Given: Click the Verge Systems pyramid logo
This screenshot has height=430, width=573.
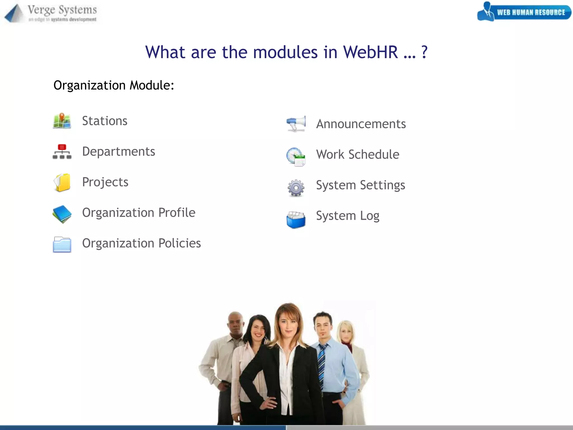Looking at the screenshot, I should coord(14,13).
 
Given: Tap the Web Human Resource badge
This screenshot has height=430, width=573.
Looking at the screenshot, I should coord(524,12).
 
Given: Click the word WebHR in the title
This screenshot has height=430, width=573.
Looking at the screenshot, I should coord(370,52).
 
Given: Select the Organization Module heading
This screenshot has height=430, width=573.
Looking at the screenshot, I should coord(114,85).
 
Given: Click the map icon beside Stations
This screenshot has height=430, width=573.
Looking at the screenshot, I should coord(62,121).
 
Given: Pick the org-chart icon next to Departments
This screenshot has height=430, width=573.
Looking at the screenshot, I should coord(62,152).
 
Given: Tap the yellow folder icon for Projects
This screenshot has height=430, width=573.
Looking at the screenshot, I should coord(62,183).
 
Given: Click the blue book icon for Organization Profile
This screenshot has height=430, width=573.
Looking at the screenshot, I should coord(62,214).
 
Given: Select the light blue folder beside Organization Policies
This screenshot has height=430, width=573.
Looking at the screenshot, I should coord(62,244).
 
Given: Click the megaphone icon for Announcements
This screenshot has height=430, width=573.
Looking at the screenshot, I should coord(296,123).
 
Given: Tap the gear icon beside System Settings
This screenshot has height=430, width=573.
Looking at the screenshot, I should coord(296,188).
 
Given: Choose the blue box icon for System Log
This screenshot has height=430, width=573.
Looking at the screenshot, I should coord(296,220).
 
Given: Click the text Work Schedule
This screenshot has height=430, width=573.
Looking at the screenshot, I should coord(358,155).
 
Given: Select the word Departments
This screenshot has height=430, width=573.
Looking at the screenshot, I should coord(118,151).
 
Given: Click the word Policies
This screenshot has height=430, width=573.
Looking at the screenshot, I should coord(179,243).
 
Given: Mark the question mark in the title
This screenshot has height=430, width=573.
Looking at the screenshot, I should coord(424,52).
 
